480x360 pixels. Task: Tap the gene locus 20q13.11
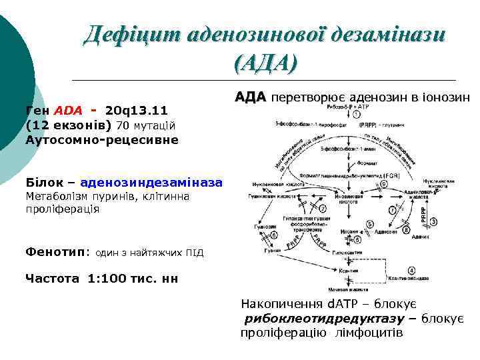(136, 110)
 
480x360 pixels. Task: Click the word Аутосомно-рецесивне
(101, 139)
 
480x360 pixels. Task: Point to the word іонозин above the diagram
(446, 97)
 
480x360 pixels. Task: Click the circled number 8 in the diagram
(405, 231)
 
